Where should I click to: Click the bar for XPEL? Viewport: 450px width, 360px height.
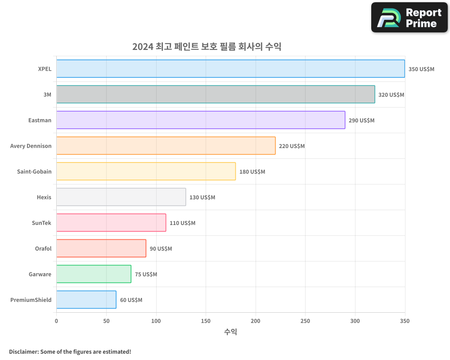click(230, 69)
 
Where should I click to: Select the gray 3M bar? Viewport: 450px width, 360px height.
click(216, 94)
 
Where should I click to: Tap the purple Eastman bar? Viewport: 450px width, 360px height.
click(201, 120)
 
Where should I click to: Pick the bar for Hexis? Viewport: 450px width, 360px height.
click(121, 197)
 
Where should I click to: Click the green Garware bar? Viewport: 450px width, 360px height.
click(94, 274)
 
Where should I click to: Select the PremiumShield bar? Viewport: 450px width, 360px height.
click(86, 300)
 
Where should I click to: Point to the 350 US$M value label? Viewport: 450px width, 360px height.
click(421, 69)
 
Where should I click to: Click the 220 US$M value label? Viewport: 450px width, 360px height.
click(292, 146)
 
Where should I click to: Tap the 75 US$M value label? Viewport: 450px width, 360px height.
click(146, 274)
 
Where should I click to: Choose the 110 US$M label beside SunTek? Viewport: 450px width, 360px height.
click(182, 223)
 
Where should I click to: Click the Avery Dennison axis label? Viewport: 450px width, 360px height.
click(31, 146)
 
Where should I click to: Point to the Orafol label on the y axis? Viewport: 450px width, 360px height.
click(43, 248)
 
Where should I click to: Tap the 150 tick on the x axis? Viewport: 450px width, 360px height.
click(206, 321)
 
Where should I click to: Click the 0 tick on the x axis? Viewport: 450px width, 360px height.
click(56, 321)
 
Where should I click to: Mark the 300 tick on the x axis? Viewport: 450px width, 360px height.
click(355, 321)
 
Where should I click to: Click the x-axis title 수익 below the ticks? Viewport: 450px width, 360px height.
click(230, 332)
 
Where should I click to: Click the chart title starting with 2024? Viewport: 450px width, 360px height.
click(207, 46)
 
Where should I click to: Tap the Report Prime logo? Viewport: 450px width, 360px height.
click(409, 18)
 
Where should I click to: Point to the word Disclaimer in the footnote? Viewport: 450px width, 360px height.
click(23, 351)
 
